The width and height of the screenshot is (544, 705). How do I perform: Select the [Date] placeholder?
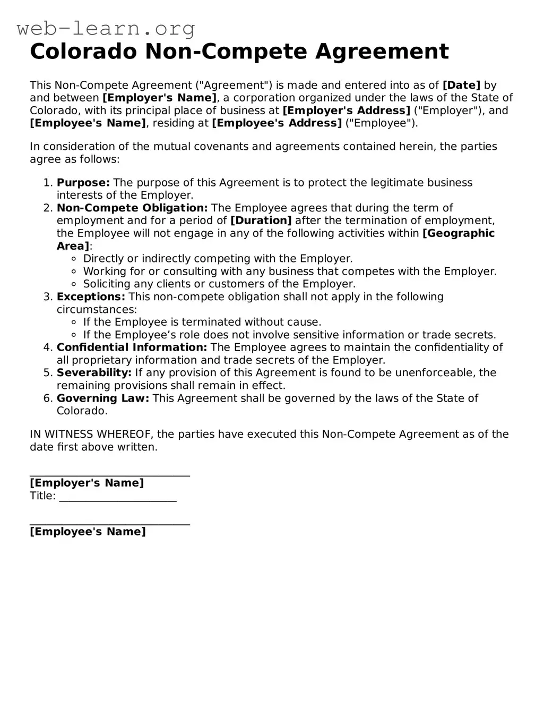[x=461, y=85]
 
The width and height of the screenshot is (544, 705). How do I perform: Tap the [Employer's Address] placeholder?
[x=347, y=111]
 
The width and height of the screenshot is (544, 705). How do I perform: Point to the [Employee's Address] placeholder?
[x=277, y=123]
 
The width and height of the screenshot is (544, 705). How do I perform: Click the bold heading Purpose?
[x=83, y=183]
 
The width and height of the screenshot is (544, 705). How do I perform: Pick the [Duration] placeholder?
[x=261, y=220]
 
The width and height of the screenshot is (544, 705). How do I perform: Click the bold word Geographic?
[x=459, y=233]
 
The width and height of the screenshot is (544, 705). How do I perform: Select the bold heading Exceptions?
[x=91, y=296]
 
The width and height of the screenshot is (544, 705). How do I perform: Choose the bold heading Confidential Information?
[x=132, y=347]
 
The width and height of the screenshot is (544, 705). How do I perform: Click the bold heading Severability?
[x=94, y=372]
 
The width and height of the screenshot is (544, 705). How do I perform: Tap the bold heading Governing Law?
[x=103, y=398]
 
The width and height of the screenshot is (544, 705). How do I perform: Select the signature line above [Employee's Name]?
[x=110, y=524]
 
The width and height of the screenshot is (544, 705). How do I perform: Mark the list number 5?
[x=47, y=372]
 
